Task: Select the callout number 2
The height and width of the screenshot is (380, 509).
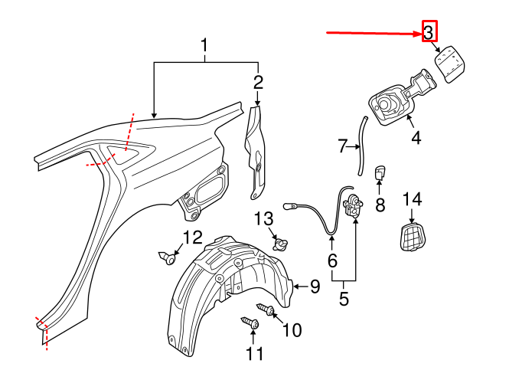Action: click(x=258, y=82)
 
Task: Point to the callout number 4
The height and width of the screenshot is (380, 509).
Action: click(x=416, y=139)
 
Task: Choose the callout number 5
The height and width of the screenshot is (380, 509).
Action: click(x=344, y=299)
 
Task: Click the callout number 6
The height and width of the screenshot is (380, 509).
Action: click(x=332, y=261)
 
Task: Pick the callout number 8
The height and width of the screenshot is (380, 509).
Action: click(x=379, y=205)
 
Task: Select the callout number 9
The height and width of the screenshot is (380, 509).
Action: click(x=315, y=287)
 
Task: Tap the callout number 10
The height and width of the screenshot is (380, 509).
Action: click(x=292, y=330)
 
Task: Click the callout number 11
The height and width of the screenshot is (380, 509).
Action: click(x=254, y=354)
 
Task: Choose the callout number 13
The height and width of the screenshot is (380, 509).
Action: click(x=263, y=220)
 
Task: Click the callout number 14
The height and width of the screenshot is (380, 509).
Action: click(x=412, y=199)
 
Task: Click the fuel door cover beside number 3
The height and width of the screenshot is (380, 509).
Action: click(x=449, y=62)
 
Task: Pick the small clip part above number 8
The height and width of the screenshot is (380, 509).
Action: click(x=379, y=174)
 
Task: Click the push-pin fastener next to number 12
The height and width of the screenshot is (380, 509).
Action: click(x=168, y=257)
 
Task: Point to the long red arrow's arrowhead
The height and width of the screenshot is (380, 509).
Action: click(x=417, y=33)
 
